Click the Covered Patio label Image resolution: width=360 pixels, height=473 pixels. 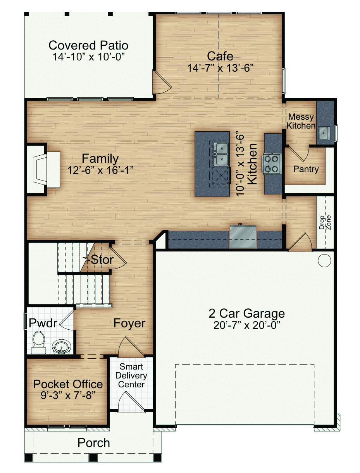tap(88, 45)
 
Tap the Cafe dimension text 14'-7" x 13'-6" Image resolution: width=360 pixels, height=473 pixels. tap(220, 68)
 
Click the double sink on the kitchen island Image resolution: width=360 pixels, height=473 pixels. tap(221, 154)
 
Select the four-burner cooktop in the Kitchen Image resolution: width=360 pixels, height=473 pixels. tap(272, 164)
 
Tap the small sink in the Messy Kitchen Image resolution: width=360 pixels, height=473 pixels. tap(324, 133)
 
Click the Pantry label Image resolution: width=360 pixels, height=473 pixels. tap(306, 169)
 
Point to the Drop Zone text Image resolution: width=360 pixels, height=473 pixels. tap(325, 222)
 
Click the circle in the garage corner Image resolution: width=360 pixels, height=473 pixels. tap(324, 261)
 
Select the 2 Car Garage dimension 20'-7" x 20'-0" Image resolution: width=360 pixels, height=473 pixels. tap(246, 325)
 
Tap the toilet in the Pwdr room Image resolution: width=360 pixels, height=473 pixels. tap(39, 342)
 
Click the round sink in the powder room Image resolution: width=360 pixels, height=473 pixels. tap(62, 347)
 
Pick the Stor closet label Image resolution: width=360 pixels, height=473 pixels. tap(102, 260)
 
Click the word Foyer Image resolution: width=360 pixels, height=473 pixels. tap(129, 323)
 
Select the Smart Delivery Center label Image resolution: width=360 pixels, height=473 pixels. tap(131, 376)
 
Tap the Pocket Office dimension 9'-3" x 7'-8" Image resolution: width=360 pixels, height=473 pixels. tap(68, 396)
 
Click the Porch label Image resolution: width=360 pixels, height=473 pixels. tap(93, 443)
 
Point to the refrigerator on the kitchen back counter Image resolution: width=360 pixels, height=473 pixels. tap(243, 236)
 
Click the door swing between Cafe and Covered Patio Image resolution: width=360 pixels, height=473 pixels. tap(162, 82)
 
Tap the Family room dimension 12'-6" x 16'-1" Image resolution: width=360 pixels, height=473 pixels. tap(100, 170)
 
